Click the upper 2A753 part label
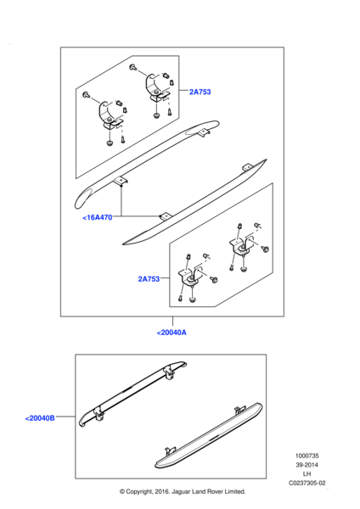click(200, 92)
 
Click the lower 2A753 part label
click(149, 279)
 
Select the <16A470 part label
click(98, 217)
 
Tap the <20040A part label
click(172, 333)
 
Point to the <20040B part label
click(40, 418)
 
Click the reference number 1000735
click(307, 456)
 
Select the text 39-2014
click(307, 465)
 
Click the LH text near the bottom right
click(307, 474)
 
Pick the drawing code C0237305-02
click(307, 483)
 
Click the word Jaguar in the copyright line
click(180, 492)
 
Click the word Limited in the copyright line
click(235, 492)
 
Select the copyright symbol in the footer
click(122, 492)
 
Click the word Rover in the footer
click(215, 492)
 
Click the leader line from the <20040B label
click(65, 417)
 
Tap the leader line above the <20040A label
click(172, 321)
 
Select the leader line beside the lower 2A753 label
click(165, 278)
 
